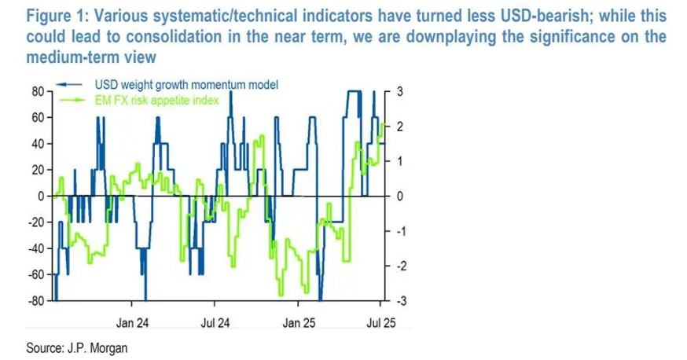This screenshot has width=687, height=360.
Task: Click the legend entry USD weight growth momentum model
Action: point(187,85)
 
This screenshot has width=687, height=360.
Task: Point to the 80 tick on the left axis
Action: point(36,91)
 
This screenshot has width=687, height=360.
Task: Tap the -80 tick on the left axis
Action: point(35,301)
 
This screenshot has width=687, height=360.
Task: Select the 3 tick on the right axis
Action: point(399,91)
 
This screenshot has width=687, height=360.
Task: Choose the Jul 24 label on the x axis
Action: point(215,322)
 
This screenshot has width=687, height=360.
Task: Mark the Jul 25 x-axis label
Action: point(381,322)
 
